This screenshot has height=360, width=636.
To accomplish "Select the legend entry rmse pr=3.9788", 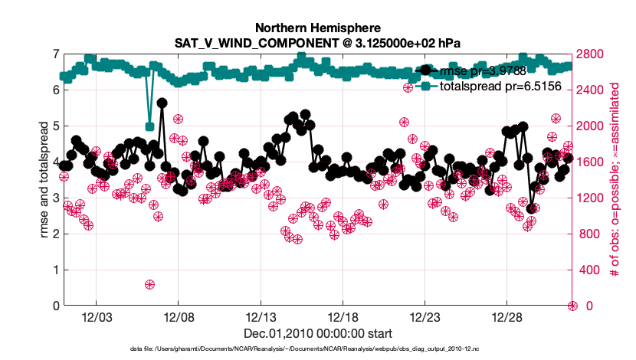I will pos(483,70).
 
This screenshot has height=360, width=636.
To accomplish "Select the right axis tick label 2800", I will pos(592,54).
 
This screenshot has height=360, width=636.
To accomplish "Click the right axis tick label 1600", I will pos(592,162).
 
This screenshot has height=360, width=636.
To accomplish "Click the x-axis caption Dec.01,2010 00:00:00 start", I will pos(318,334).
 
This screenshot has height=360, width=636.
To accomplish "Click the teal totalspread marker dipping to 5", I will pos(150,126).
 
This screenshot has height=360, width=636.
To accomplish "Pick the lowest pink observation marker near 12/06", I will pos(150,284).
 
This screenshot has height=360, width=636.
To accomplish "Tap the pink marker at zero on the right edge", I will pos(572,306).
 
